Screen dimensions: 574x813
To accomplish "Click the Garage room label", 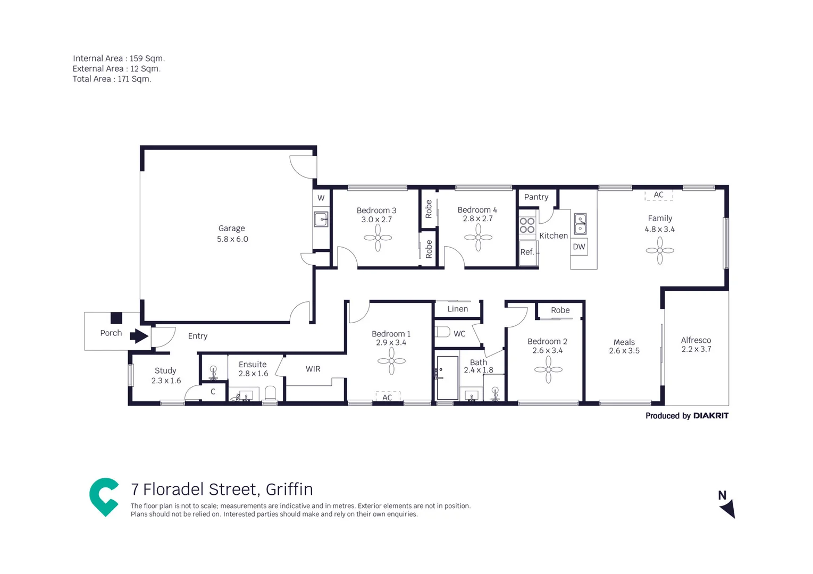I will click(x=231, y=229).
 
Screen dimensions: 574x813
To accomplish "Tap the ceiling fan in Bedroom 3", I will click(x=378, y=238).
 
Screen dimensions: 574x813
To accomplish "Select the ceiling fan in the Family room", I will click(x=659, y=250).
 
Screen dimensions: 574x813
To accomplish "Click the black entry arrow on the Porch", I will click(x=139, y=336).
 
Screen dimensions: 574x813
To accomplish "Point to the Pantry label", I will click(x=535, y=197).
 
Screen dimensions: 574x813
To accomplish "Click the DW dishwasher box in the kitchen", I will click(x=579, y=247).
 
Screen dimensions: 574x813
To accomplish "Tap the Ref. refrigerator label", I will click(x=527, y=252).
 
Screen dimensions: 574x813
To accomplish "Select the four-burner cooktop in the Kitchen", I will click(x=527, y=225).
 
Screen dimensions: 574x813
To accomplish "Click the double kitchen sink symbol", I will click(x=580, y=224).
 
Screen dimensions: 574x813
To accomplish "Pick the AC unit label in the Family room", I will click(x=658, y=195).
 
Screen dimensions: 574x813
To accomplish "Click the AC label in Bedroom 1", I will click(x=387, y=397).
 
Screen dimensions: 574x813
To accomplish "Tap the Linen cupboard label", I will click(x=457, y=309).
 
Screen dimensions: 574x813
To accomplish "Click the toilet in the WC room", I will click(x=443, y=333).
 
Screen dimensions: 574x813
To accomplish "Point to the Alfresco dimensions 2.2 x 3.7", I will click(x=695, y=349).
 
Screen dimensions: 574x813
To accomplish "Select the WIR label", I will click(x=313, y=369).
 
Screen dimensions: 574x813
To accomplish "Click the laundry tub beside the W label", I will click(x=321, y=219).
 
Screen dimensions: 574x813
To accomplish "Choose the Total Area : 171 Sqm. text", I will click(x=112, y=79).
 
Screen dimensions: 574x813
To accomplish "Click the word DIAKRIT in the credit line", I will click(x=710, y=416).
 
